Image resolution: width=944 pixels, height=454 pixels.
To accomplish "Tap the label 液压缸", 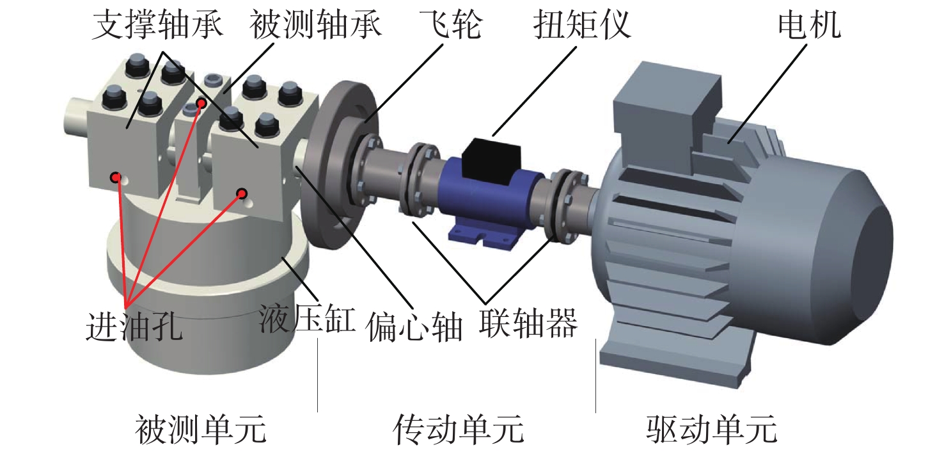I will [x=307, y=318].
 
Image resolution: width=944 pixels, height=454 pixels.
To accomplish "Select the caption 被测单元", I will [x=200, y=430].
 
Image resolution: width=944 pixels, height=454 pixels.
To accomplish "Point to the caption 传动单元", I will [x=459, y=430].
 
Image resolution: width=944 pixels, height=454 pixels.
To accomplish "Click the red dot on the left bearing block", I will [x=115, y=177].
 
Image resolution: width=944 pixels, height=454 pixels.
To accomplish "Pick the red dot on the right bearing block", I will [x=242, y=193].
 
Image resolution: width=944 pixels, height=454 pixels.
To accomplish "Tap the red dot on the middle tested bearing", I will [x=201, y=102].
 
